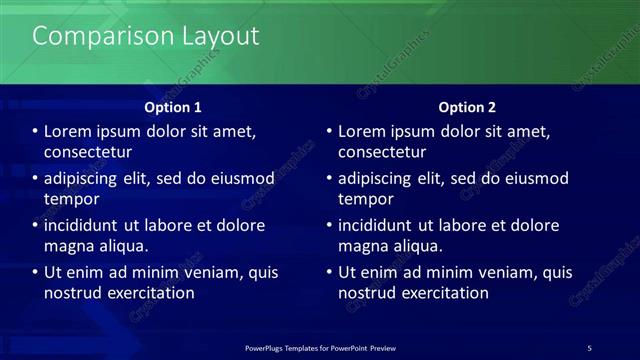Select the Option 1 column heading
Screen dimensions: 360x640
click(x=173, y=107)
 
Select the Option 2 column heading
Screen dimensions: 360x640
click(x=467, y=107)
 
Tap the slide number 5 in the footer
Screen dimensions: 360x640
click(x=589, y=347)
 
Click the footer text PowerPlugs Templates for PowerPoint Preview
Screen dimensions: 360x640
click(x=320, y=347)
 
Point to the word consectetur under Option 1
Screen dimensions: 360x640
click(x=88, y=152)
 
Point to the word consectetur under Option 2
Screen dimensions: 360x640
click(x=382, y=152)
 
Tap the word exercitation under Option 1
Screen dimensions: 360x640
click(x=144, y=293)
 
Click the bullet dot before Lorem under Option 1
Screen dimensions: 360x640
click(x=35, y=132)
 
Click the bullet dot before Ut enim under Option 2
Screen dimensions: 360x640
click(x=329, y=272)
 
